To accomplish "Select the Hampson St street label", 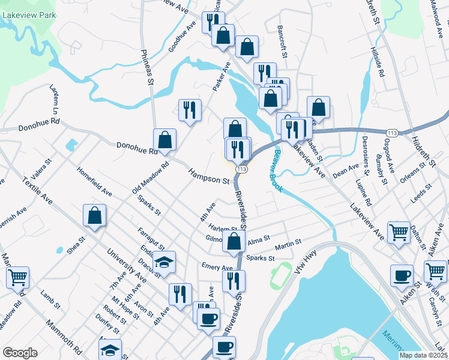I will (209, 176).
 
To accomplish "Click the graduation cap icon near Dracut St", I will (163, 262).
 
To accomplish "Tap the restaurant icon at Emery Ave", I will (234, 280).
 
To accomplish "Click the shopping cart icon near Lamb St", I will (18, 277).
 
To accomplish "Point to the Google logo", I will (20, 353).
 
